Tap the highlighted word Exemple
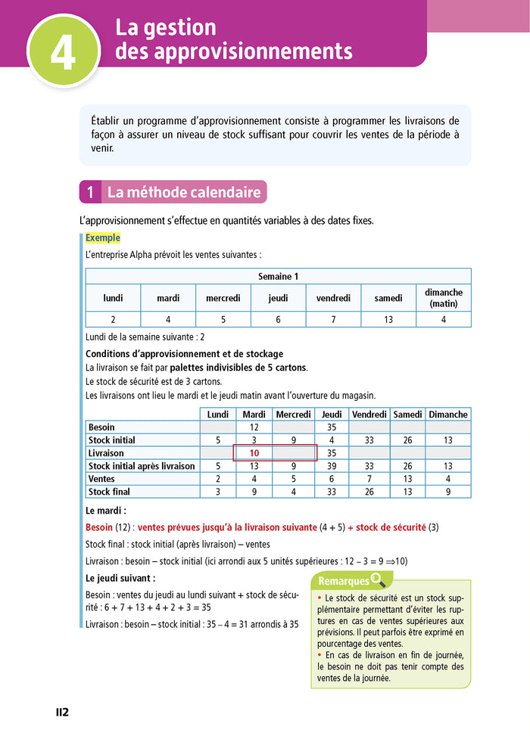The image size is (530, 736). point(103,238)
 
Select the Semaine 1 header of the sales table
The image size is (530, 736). point(278,276)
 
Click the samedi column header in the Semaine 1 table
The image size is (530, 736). point(388,298)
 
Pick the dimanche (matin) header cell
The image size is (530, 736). point(444,298)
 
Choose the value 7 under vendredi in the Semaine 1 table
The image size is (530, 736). point(333,320)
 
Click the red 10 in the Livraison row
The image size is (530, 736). point(254,453)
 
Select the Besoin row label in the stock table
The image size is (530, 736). point(102,427)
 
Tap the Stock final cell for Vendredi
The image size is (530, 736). point(369,492)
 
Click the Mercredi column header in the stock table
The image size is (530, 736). point(293,415)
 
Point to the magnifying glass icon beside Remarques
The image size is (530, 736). point(378,580)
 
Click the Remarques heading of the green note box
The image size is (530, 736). point(343,581)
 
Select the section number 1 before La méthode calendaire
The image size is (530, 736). point(89,193)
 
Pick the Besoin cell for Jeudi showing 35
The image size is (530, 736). point(332,427)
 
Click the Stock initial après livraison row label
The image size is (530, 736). point(142,466)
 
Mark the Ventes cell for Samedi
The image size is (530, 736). point(407,479)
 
